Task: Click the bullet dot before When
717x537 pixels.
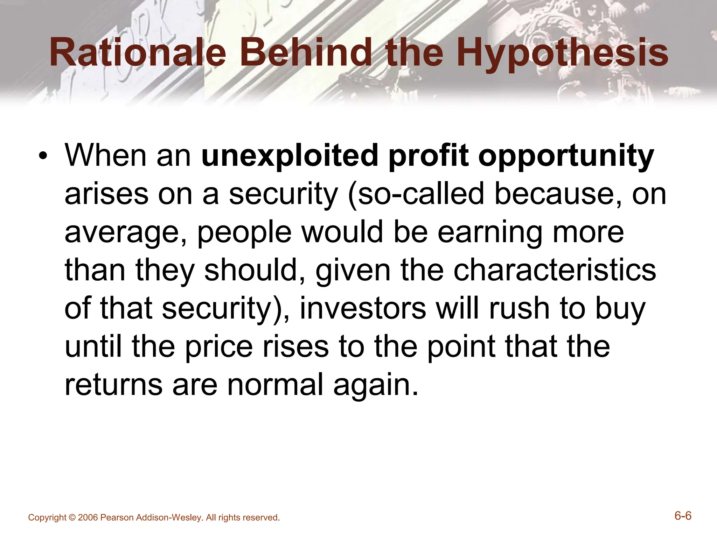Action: coord(43,156)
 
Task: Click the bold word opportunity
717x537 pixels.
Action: coord(566,156)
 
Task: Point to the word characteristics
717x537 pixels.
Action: coord(555,271)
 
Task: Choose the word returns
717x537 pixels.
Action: coord(114,385)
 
